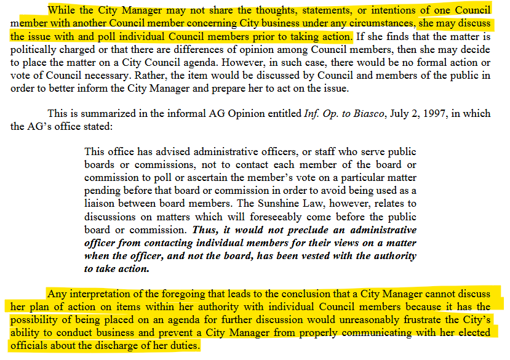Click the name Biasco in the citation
tap(373, 114)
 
